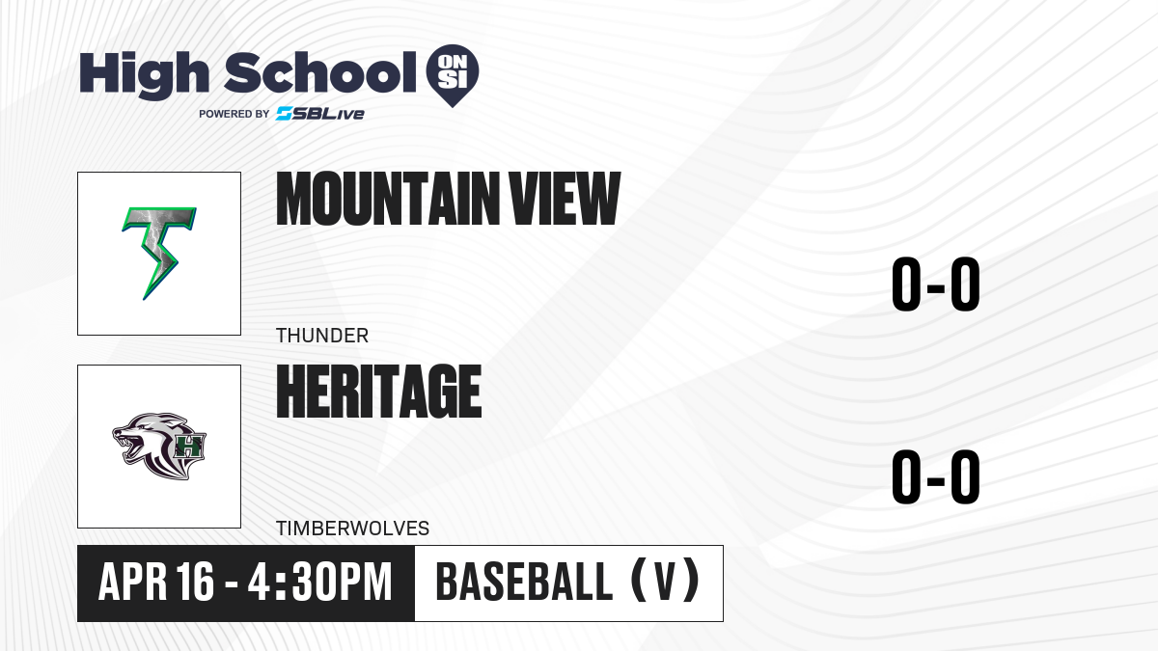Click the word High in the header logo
click(x=144, y=74)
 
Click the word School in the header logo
click(x=320, y=72)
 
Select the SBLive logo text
click(x=320, y=114)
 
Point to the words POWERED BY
click(x=234, y=114)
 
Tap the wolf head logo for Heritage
click(x=159, y=446)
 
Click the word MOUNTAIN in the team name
click(x=387, y=199)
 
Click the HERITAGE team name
click(x=379, y=392)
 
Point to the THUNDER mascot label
click(x=322, y=336)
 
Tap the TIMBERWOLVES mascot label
click(x=352, y=529)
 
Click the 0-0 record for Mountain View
click(x=936, y=284)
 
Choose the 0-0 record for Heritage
click(x=936, y=476)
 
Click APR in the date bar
click(x=132, y=582)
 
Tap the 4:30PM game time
click(x=319, y=582)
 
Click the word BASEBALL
click(x=524, y=582)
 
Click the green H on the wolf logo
click(x=188, y=446)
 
